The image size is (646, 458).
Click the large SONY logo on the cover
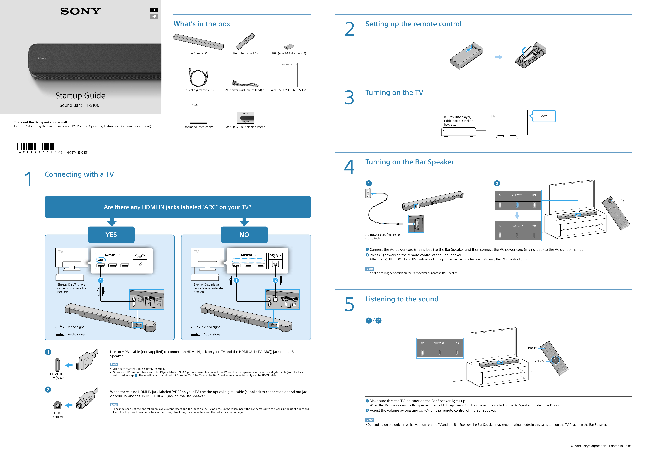(x=80, y=11)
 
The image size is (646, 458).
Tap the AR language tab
(x=154, y=17)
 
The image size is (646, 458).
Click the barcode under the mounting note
(x=35, y=146)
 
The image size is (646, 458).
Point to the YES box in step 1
(x=111, y=235)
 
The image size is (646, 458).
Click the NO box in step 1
(x=244, y=235)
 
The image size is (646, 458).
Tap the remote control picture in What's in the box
(x=245, y=41)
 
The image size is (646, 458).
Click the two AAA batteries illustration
(x=289, y=47)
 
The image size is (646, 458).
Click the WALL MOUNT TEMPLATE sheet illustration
(x=289, y=75)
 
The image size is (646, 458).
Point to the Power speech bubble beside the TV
(x=543, y=116)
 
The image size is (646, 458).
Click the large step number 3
(x=349, y=98)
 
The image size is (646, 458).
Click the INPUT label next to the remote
(x=532, y=348)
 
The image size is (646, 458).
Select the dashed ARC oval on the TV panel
(x=101, y=260)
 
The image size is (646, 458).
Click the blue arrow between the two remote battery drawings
(x=499, y=57)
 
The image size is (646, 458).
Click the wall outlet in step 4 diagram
(x=368, y=193)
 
